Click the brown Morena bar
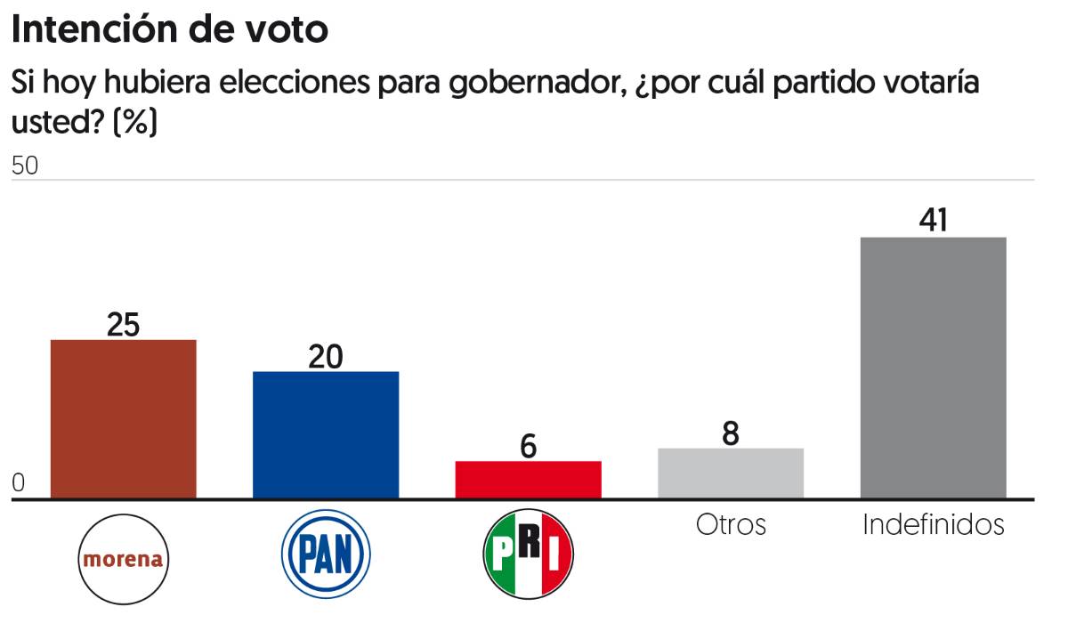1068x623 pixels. pos(123,418)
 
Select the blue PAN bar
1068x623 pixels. pos(326,434)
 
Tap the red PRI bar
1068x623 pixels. pos(528,480)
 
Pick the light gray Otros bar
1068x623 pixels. pos(731,473)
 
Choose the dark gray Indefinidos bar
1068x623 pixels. pos(933,368)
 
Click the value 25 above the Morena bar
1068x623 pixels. pos(123,325)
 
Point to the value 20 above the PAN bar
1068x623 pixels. pos(326,356)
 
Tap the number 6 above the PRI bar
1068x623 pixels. pos(529,446)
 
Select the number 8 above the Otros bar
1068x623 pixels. pos(731,433)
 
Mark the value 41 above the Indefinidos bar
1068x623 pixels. pos(933,221)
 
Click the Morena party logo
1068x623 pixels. pos(123,559)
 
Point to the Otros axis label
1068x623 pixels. pos(731,524)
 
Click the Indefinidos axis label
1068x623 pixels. pos(933,524)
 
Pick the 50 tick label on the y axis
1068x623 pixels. pos(25,167)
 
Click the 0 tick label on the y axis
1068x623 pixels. pos(20,483)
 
